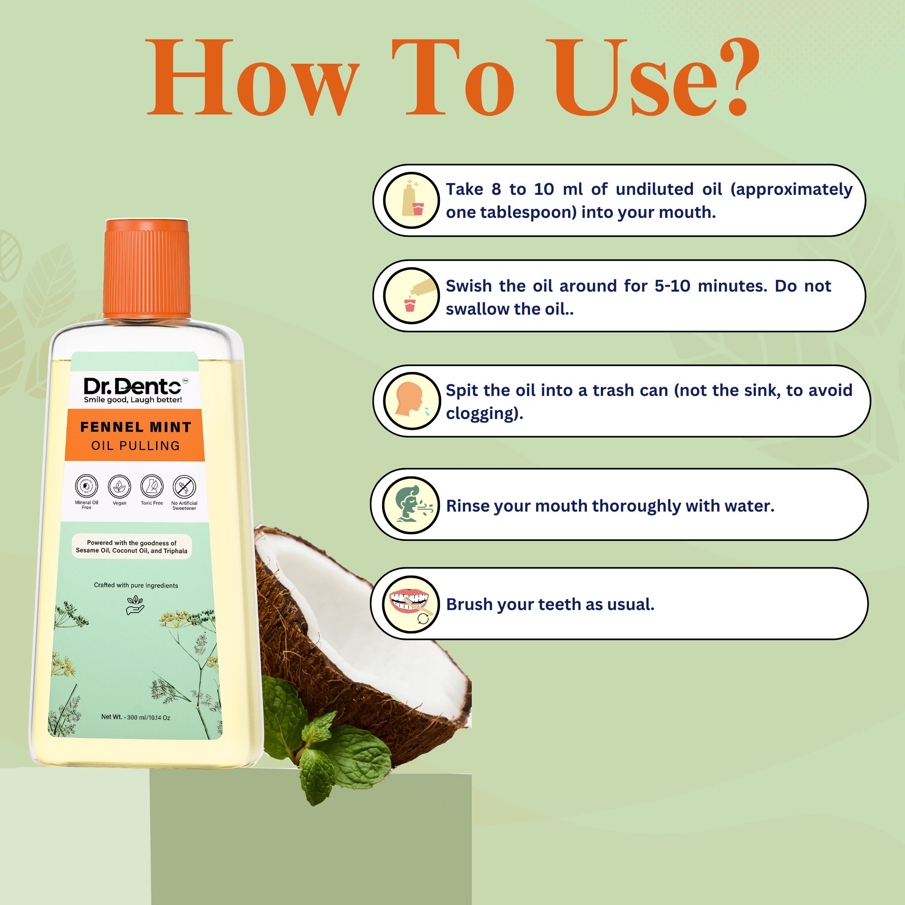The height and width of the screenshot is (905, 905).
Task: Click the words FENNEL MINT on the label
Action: [x=136, y=427]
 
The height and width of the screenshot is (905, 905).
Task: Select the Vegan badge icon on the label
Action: [x=119, y=487]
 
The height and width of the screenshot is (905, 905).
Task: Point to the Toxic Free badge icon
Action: [x=152, y=487]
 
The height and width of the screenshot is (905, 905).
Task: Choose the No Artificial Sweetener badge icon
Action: [x=184, y=487]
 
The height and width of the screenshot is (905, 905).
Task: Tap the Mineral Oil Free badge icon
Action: [x=87, y=487]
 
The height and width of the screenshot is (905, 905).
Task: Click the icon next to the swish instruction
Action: [x=411, y=295]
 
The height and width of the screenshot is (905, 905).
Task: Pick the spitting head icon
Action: [x=411, y=401]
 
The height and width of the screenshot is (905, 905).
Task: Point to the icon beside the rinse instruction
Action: [x=411, y=505]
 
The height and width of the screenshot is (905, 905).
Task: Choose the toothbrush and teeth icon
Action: [x=411, y=604]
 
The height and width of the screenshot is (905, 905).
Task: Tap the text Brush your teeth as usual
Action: [x=550, y=605]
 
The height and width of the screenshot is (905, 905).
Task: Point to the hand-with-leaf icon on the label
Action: [x=135, y=605]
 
